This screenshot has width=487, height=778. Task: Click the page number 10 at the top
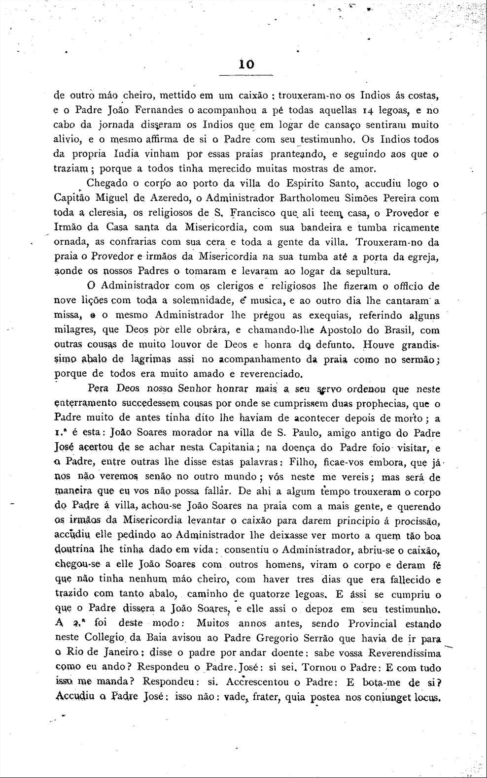point(246,64)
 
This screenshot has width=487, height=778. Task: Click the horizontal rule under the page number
point(245,75)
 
